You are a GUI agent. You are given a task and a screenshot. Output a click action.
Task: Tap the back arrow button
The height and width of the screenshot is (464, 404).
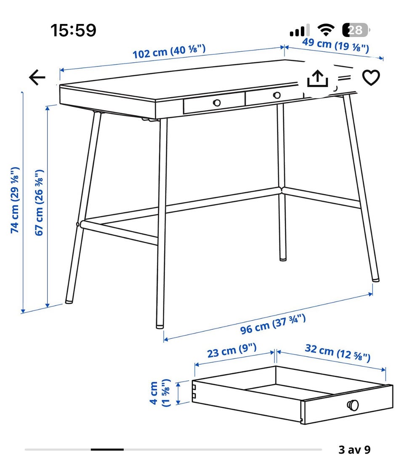pos(37,77)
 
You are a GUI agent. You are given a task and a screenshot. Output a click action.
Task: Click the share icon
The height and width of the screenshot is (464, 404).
pos(318,78)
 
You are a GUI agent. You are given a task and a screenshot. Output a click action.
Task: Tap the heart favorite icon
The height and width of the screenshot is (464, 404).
pos(371,77)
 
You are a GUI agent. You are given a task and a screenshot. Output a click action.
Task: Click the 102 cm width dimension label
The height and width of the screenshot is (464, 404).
pos(169,51)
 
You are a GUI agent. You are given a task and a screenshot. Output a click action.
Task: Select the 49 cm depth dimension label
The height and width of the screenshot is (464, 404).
pos(336,45)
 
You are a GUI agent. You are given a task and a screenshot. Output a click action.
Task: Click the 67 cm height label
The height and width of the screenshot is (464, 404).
pos(39,203)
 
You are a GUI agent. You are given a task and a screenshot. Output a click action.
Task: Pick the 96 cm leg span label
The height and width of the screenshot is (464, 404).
pos(273,325)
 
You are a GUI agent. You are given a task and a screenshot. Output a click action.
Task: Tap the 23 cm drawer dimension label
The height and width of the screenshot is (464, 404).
pos(232,350)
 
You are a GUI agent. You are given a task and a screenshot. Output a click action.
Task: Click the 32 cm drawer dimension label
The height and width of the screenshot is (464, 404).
pos(338,353)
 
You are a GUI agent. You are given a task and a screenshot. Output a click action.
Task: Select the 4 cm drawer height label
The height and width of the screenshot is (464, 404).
pos(160,392)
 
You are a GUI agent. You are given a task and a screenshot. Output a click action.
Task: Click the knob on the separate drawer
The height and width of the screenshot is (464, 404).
pos(353,405)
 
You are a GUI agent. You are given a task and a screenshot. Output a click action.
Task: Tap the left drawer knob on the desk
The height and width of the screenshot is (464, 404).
pos(217,103)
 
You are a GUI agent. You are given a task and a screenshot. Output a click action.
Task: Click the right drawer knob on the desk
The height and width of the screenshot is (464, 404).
pos(277,95)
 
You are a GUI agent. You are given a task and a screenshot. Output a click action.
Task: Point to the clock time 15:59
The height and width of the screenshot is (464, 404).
pos(73,30)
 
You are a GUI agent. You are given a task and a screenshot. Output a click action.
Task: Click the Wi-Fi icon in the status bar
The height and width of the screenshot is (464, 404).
pos(326,30)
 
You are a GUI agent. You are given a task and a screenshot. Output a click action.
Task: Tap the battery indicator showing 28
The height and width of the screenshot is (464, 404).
pos(356,30)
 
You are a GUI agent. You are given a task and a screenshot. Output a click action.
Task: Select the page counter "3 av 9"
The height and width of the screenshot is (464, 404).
pos(355,450)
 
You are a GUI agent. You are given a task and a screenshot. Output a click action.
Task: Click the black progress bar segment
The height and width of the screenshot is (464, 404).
pos(107,450)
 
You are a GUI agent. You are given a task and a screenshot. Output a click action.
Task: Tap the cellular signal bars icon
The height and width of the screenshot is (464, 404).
pos(300,30)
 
